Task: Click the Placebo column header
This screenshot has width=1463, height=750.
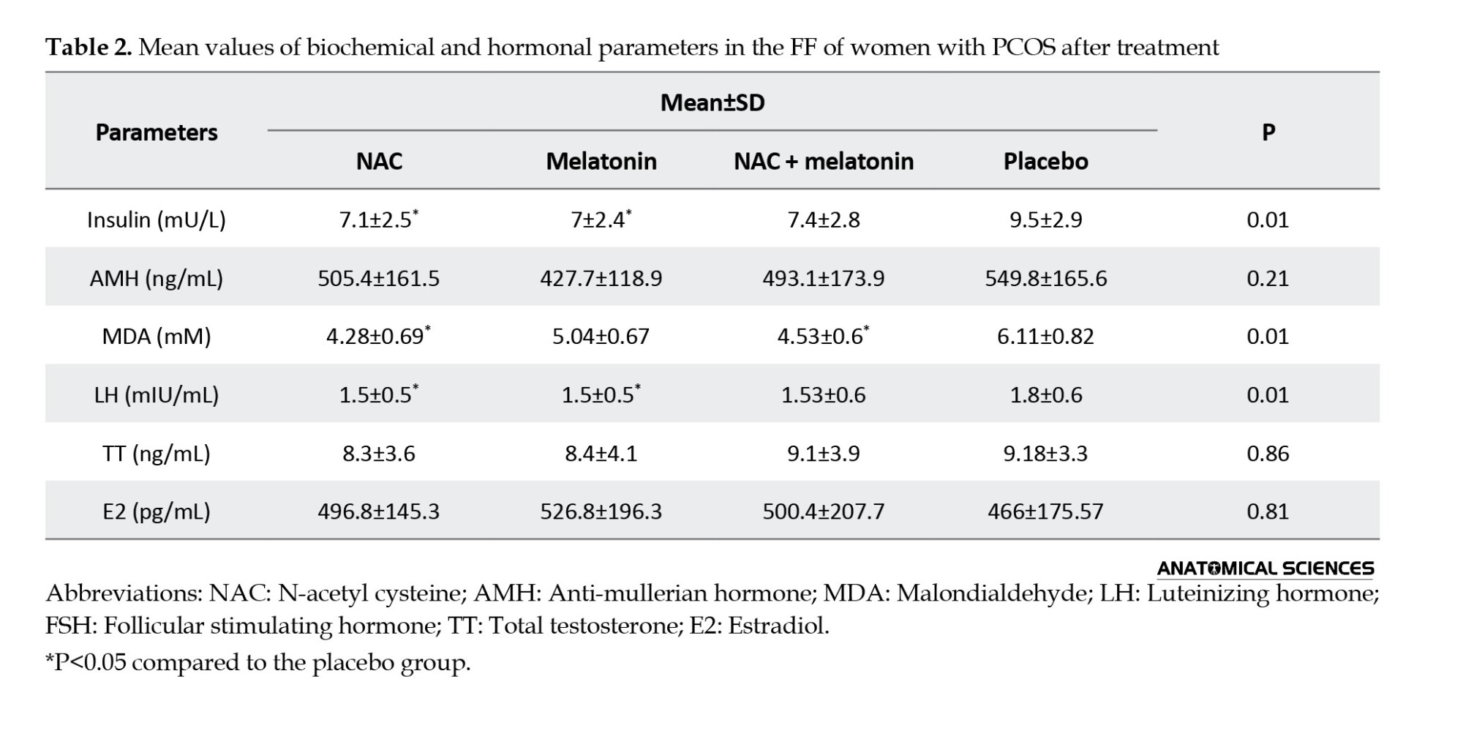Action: coord(1045,161)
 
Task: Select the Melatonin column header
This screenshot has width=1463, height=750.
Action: coord(601,161)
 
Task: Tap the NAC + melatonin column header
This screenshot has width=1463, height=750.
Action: coord(824,161)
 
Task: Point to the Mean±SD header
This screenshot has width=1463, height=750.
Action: coord(712,102)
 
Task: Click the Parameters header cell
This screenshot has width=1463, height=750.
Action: coord(157,132)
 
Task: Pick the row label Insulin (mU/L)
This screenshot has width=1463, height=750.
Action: coord(157,220)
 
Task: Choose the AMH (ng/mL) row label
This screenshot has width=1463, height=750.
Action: coord(157,278)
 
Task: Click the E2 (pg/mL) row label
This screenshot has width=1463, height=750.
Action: coord(157,511)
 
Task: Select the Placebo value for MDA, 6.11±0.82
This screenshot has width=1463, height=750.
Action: coord(1045,336)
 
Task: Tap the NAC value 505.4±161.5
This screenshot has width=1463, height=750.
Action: coord(379,278)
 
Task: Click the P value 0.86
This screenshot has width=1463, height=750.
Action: coord(1268,454)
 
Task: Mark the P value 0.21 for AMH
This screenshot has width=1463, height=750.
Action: coord(1268,278)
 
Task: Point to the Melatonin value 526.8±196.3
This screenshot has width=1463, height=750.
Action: coord(601,511)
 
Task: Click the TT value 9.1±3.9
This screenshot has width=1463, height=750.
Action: coord(824,454)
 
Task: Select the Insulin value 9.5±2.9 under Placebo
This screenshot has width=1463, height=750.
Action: coord(1045,220)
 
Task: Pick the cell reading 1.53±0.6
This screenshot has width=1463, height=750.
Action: coord(824,395)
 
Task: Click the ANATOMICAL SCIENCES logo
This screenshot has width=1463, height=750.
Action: coord(1265,569)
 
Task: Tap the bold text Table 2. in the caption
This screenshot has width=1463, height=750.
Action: coord(89,48)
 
